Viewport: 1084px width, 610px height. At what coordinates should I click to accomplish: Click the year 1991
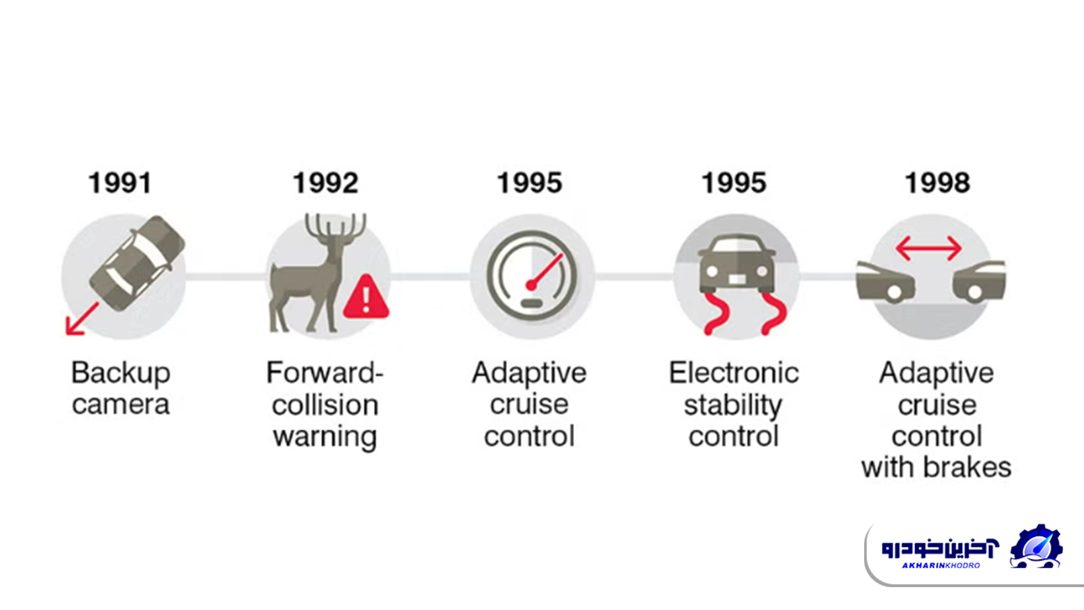120,183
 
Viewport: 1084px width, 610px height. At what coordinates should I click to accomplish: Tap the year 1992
325,183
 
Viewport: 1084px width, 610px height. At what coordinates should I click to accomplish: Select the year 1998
937,183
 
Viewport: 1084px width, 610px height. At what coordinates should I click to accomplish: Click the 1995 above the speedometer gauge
529,183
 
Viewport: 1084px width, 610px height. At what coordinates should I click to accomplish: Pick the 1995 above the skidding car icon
734,183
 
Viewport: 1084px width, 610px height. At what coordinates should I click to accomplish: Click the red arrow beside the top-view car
81,319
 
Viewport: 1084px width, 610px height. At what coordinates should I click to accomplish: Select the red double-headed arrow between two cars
929,247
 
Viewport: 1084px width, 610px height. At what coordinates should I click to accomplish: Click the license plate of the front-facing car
737,279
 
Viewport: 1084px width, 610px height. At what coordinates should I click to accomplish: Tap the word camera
120,405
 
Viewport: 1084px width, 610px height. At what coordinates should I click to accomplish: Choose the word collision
325,405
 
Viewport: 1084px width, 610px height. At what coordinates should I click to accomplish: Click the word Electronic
734,373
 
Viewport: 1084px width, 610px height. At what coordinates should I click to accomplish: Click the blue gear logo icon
1036,547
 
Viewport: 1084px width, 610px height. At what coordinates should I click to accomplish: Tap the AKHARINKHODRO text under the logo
941,565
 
